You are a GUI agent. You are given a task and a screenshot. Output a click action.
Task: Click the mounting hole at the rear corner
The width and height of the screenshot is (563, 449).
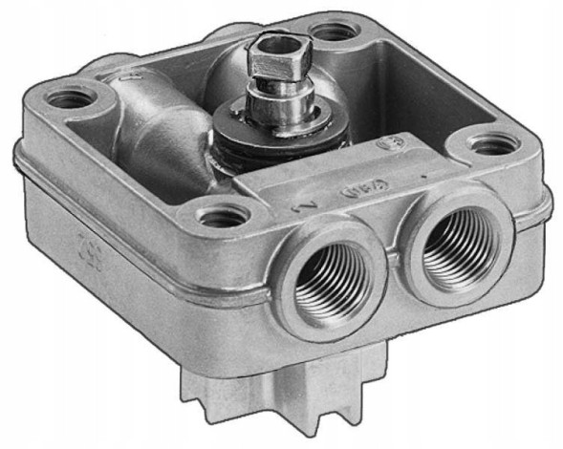(332, 31)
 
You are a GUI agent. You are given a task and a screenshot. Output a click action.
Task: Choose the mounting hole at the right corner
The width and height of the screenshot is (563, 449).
(493, 145)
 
